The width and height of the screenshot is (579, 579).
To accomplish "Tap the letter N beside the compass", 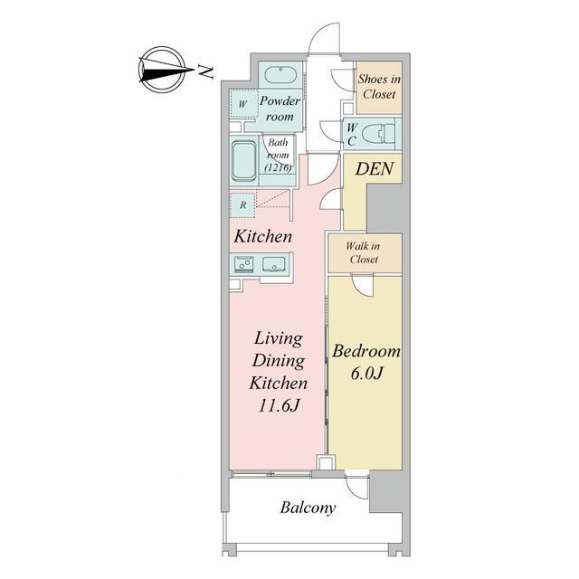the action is (x=205, y=71).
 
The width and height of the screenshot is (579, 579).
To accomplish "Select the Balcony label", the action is (x=308, y=508).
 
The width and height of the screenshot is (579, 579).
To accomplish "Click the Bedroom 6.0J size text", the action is (x=365, y=374).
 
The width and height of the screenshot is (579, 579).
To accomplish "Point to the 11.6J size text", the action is (x=279, y=406).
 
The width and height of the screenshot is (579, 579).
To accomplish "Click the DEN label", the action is (x=375, y=169).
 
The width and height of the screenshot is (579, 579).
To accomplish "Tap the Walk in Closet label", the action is (x=364, y=253).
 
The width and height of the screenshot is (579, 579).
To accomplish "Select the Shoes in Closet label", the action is (x=379, y=87).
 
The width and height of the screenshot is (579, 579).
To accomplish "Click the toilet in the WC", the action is (x=378, y=134).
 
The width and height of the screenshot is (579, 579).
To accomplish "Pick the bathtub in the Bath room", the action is (x=243, y=161).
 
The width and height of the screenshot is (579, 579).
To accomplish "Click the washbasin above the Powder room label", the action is (x=280, y=76).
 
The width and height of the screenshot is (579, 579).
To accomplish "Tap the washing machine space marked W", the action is (x=242, y=104).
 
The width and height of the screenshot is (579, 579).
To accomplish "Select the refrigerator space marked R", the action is (x=242, y=205).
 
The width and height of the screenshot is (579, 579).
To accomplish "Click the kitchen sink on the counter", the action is (x=275, y=265).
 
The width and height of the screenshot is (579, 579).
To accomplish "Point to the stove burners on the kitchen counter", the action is (x=243, y=264).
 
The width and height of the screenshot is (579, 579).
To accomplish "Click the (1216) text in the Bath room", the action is (x=279, y=167).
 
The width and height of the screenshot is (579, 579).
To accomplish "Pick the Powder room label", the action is (x=280, y=109).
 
